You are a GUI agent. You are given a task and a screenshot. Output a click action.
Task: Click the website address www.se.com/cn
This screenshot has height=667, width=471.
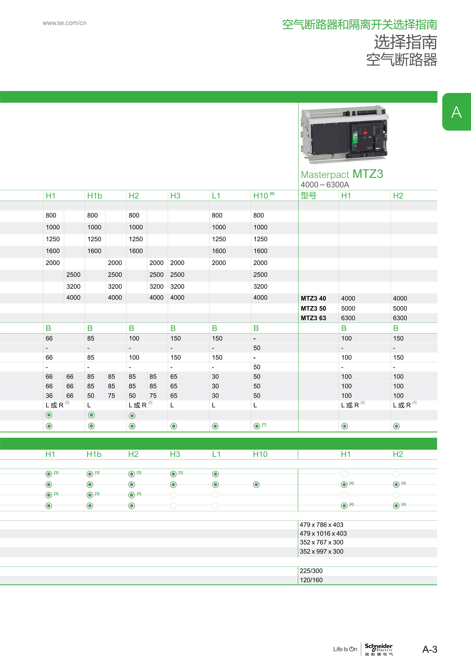point(64,23)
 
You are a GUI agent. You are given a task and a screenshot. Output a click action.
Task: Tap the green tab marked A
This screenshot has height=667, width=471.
point(456,112)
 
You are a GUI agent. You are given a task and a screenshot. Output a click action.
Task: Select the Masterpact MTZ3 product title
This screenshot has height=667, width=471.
point(342,174)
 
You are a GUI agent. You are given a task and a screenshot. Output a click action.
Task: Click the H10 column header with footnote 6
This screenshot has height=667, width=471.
point(263,195)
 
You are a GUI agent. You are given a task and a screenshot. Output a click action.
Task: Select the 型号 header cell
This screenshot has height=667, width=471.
point(308,195)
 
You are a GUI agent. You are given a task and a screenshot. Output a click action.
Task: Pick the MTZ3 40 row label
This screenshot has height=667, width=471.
point(313,298)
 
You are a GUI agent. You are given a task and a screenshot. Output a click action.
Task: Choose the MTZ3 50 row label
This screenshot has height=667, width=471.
point(313,308)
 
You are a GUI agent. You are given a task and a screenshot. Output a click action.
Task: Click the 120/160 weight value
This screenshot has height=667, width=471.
point(311,580)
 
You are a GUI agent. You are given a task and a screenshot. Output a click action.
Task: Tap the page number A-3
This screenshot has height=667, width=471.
point(430,649)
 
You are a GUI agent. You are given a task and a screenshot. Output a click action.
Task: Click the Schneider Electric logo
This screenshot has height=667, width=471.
point(379,649)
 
